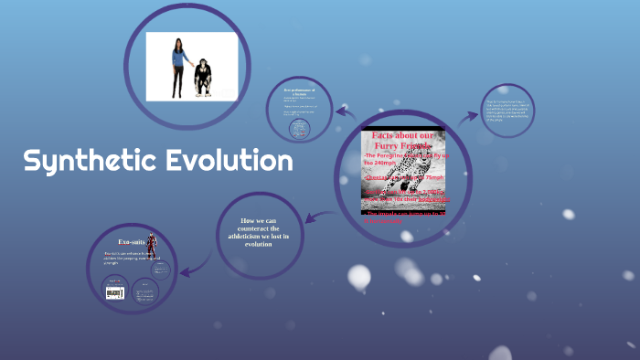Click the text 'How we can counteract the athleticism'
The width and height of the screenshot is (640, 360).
click(258, 232)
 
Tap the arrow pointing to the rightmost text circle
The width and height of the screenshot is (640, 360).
click(470, 115)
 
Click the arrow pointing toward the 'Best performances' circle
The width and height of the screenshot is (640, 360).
click(345, 112)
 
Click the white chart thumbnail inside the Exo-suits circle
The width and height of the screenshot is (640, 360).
click(114, 291)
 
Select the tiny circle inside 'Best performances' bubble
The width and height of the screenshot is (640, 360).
click(298, 131)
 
